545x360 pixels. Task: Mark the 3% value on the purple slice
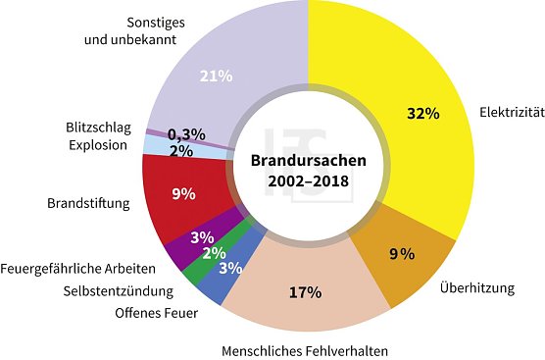[202, 236]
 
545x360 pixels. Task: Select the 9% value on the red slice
[182, 194]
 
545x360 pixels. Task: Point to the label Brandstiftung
[93, 205]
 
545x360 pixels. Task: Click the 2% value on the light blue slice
[180, 150]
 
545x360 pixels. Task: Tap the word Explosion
[99, 145]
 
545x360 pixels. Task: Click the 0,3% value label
[185, 134]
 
